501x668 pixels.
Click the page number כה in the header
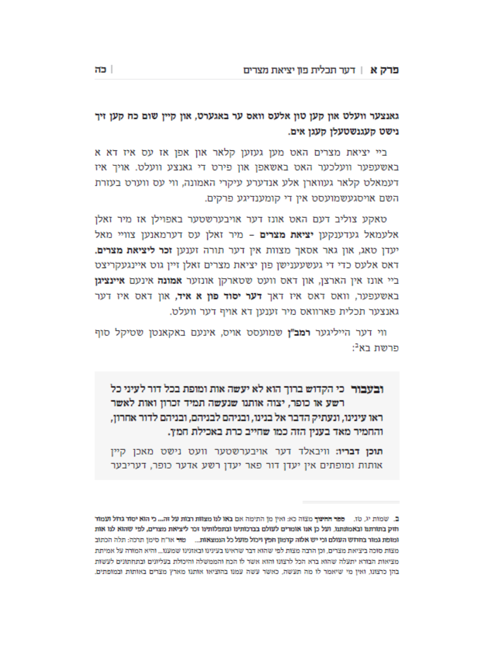coord(101,69)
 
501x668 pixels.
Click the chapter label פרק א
coord(384,70)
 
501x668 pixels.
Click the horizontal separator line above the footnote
coord(351,502)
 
